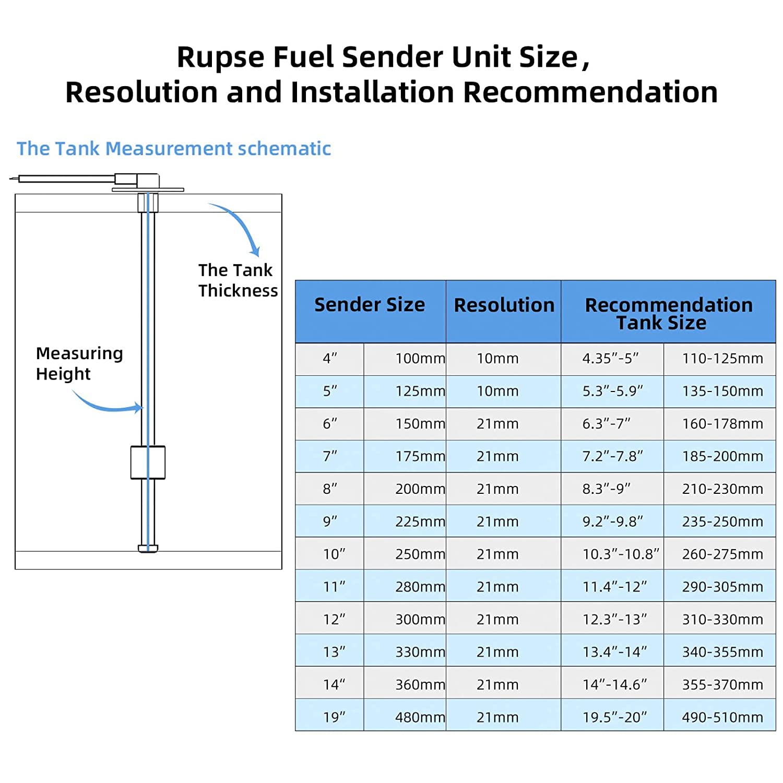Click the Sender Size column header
pos(370,305)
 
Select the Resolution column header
pos(504,305)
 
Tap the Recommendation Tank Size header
pos(668,313)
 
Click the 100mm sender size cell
pos(420,359)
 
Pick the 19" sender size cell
pos(334,717)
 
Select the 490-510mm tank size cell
pos(722,717)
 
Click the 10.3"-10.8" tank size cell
pos(620,554)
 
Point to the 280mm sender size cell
pos(420,587)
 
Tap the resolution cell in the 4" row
pos(497,359)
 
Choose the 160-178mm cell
pos(722,424)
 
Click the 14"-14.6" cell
pos(614,685)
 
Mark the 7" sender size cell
pos(330,456)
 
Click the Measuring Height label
pos(79,363)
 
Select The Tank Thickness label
pos(238,280)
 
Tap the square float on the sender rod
pos(148,462)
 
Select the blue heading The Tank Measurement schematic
pos(174,149)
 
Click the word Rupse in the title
pos(220,57)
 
